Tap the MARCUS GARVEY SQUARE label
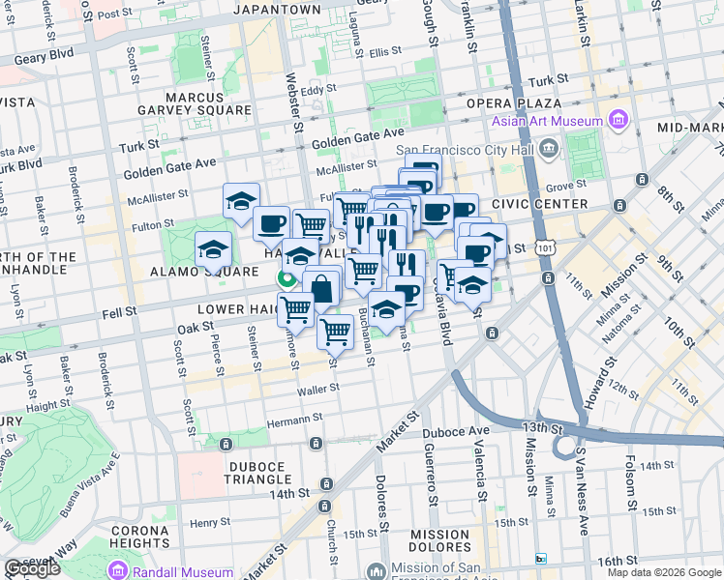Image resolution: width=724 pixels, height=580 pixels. click(207, 103)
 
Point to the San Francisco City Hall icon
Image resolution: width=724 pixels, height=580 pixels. click(550, 149)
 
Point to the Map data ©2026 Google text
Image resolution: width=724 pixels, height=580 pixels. click(664, 572)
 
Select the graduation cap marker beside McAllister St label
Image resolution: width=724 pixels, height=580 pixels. click(241, 200)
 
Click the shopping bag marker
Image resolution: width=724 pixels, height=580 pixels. click(321, 287)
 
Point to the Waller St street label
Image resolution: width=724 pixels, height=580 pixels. click(319, 389)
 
